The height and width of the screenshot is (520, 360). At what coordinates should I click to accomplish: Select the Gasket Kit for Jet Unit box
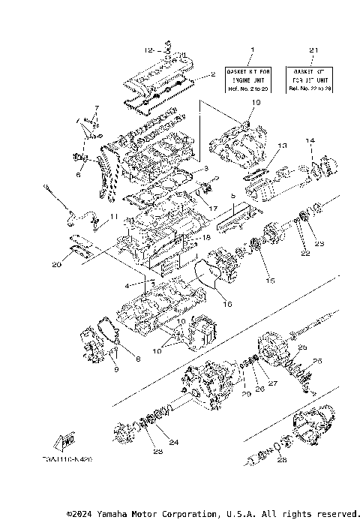(x=310, y=79)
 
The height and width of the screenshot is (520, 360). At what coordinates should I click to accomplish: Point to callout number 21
(x=310, y=50)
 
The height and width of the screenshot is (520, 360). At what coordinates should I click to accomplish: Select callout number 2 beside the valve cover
(x=213, y=74)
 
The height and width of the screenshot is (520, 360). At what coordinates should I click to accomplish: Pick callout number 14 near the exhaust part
(x=309, y=141)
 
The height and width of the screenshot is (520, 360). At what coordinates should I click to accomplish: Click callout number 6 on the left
(x=79, y=174)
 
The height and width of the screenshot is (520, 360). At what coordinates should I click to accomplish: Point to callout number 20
(x=56, y=263)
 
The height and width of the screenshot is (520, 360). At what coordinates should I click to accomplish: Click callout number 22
(x=304, y=254)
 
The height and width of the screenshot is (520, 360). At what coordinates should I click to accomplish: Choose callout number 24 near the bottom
(x=174, y=443)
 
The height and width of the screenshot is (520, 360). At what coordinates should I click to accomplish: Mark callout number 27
(x=272, y=383)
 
